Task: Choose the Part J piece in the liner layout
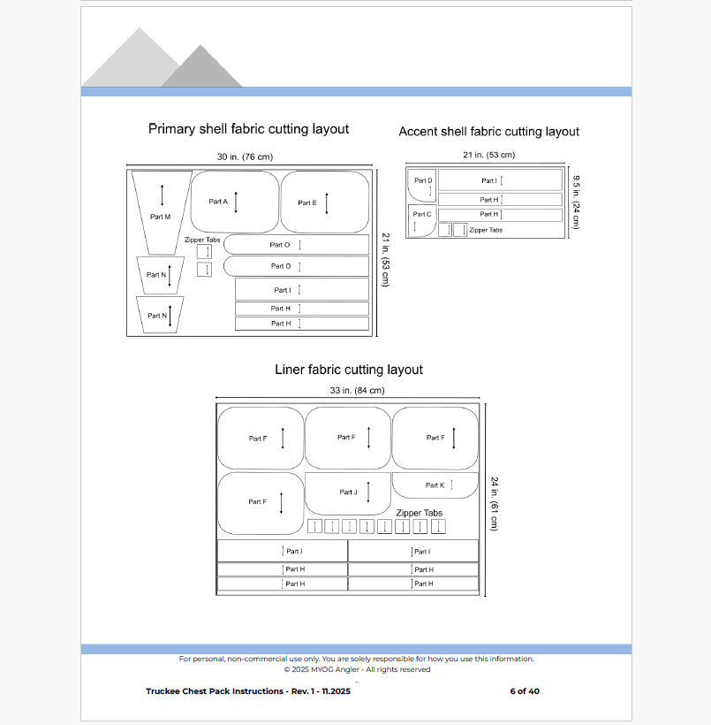click(347, 492)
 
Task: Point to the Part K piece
click(435, 485)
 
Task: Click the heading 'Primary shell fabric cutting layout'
click(248, 129)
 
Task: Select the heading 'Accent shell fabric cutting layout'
click(488, 132)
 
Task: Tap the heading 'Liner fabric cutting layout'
click(348, 370)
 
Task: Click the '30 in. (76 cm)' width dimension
click(245, 156)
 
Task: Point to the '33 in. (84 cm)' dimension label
click(350, 390)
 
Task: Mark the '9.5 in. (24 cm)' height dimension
click(576, 202)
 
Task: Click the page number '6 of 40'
click(524, 691)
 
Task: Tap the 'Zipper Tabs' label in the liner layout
click(419, 513)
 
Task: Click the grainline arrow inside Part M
click(162, 195)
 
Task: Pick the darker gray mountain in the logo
click(201, 69)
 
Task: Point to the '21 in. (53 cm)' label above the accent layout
click(488, 156)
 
